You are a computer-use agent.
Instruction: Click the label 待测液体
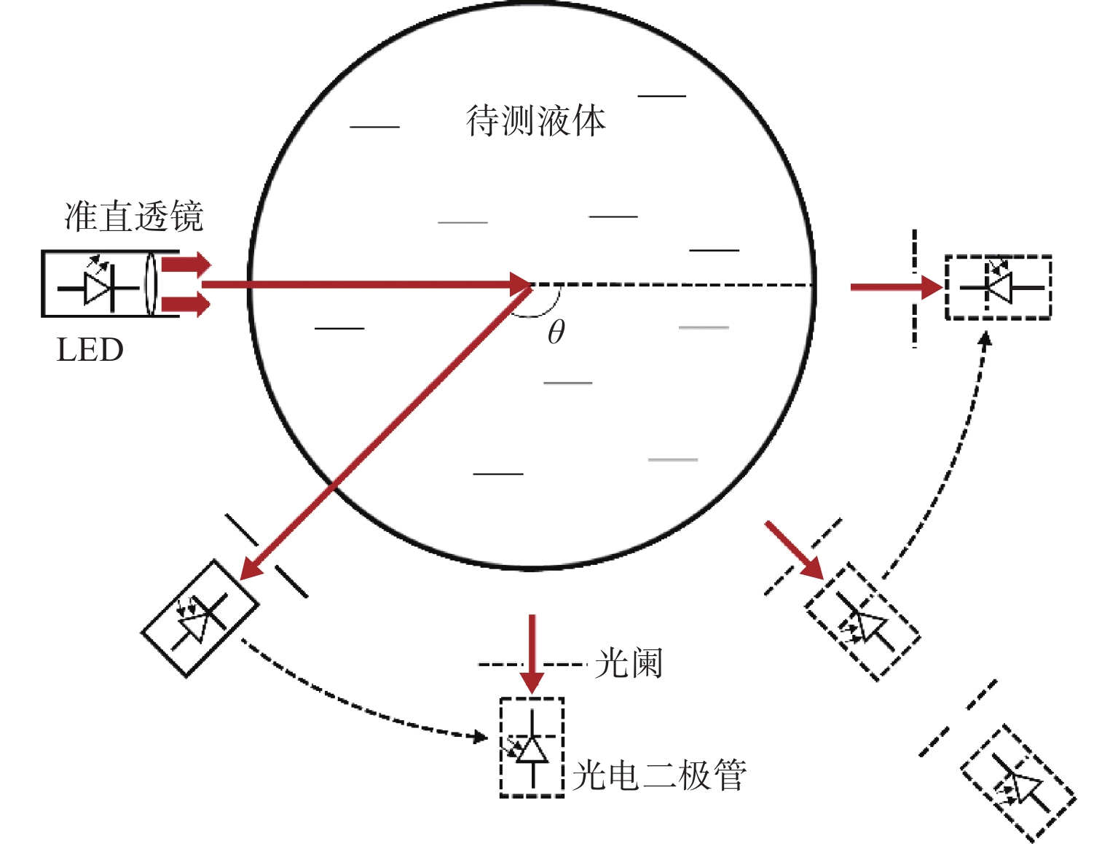(x=535, y=121)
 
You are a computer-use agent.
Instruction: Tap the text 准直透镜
(x=134, y=216)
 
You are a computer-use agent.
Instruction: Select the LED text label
(x=90, y=351)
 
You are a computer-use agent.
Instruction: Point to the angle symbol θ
(x=556, y=332)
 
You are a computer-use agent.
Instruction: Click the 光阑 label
(x=628, y=664)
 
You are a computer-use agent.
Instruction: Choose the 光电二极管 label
(x=659, y=775)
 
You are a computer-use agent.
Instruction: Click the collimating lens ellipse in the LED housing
(x=151, y=284)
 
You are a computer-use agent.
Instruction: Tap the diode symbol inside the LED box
(x=98, y=288)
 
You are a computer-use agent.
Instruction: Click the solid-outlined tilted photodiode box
(x=200, y=619)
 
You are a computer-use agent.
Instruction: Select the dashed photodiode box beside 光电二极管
(x=532, y=747)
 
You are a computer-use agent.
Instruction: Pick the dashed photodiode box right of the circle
(x=998, y=287)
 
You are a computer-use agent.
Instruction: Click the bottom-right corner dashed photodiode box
(x=1017, y=784)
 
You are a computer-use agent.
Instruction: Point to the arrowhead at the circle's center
(x=521, y=284)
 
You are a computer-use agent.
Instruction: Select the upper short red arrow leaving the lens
(x=186, y=265)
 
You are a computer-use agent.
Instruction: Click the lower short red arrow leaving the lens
(x=186, y=304)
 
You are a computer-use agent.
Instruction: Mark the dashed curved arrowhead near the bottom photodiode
(x=479, y=737)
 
